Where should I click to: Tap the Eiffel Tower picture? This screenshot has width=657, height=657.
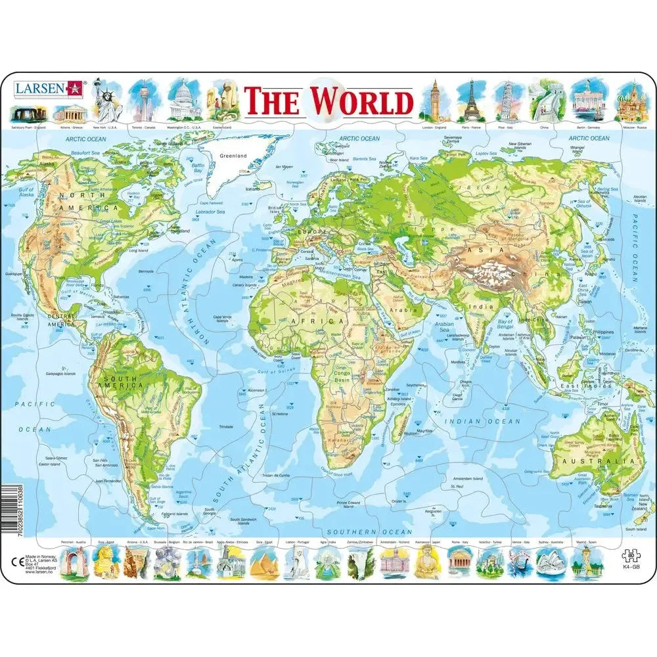(x=469, y=101)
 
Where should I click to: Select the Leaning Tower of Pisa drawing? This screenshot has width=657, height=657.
(x=505, y=101)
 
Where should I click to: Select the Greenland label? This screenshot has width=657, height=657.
(x=233, y=156)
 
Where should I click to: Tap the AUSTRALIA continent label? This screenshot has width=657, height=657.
(x=593, y=461)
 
